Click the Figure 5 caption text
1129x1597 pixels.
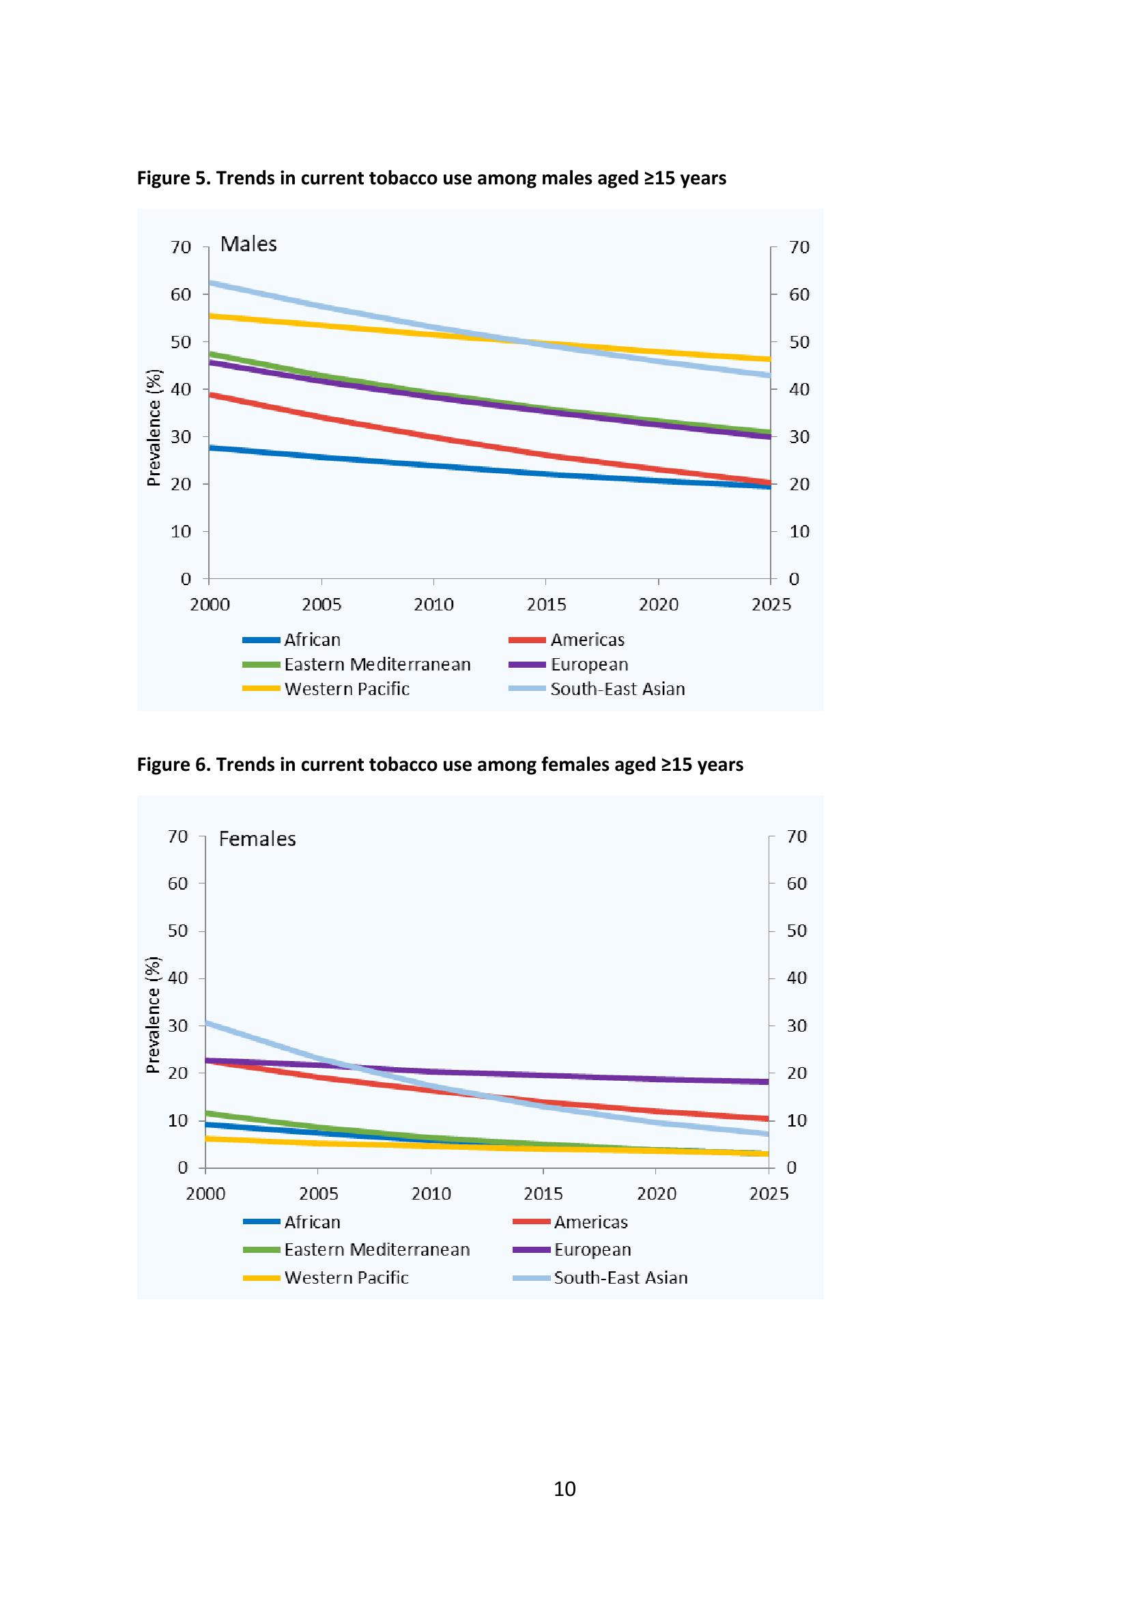tap(431, 178)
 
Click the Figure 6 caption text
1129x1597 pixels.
tap(440, 765)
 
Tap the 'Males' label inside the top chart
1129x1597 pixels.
tap(248, 244)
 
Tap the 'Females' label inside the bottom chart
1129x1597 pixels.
tap(257, 839)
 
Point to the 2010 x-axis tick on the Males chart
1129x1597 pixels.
tap(434, 604)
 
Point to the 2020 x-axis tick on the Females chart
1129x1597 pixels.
tap(656, 1194)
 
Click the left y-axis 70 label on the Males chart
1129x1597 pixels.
tap(181, 247)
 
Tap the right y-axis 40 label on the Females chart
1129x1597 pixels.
tap(797, 978)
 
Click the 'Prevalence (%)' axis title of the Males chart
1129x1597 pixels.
tap(154, 427)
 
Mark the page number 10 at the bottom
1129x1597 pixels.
tap(564, 1489)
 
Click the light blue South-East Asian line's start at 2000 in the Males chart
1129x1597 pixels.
tap(211, 283)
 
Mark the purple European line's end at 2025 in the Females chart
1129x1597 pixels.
tap(767, 1082)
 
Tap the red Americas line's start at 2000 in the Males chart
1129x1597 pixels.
tap(211, 395)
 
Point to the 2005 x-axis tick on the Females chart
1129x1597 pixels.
tap(318, 1194)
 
